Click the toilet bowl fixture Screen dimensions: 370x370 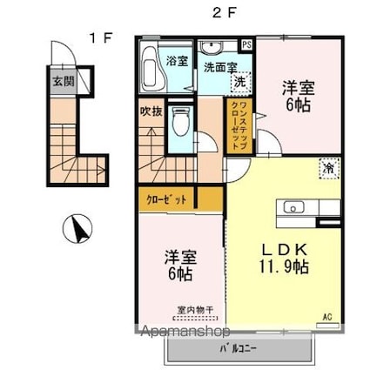point(179,121)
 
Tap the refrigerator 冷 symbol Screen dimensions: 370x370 point(328,168)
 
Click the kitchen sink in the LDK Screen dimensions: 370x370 point(291,207)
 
